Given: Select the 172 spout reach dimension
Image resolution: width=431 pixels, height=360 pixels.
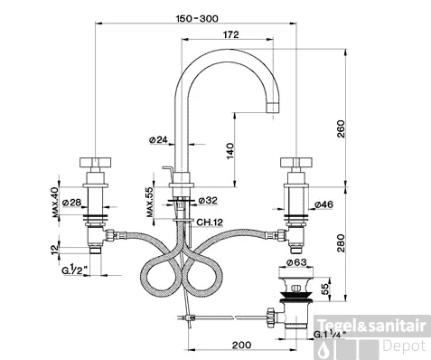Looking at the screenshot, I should tap(230, 34).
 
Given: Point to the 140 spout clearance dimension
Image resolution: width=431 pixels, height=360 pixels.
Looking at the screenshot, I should tap(231, 150).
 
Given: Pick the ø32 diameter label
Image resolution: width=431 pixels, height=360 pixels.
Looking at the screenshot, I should tap(205, 200).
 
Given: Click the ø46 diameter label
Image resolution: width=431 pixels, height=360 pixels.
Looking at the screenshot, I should tap(323, 205).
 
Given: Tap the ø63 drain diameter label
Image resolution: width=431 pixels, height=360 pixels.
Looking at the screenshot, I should tap(298, 263).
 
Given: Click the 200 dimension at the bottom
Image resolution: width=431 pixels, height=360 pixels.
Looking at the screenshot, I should tap(240, 345).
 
